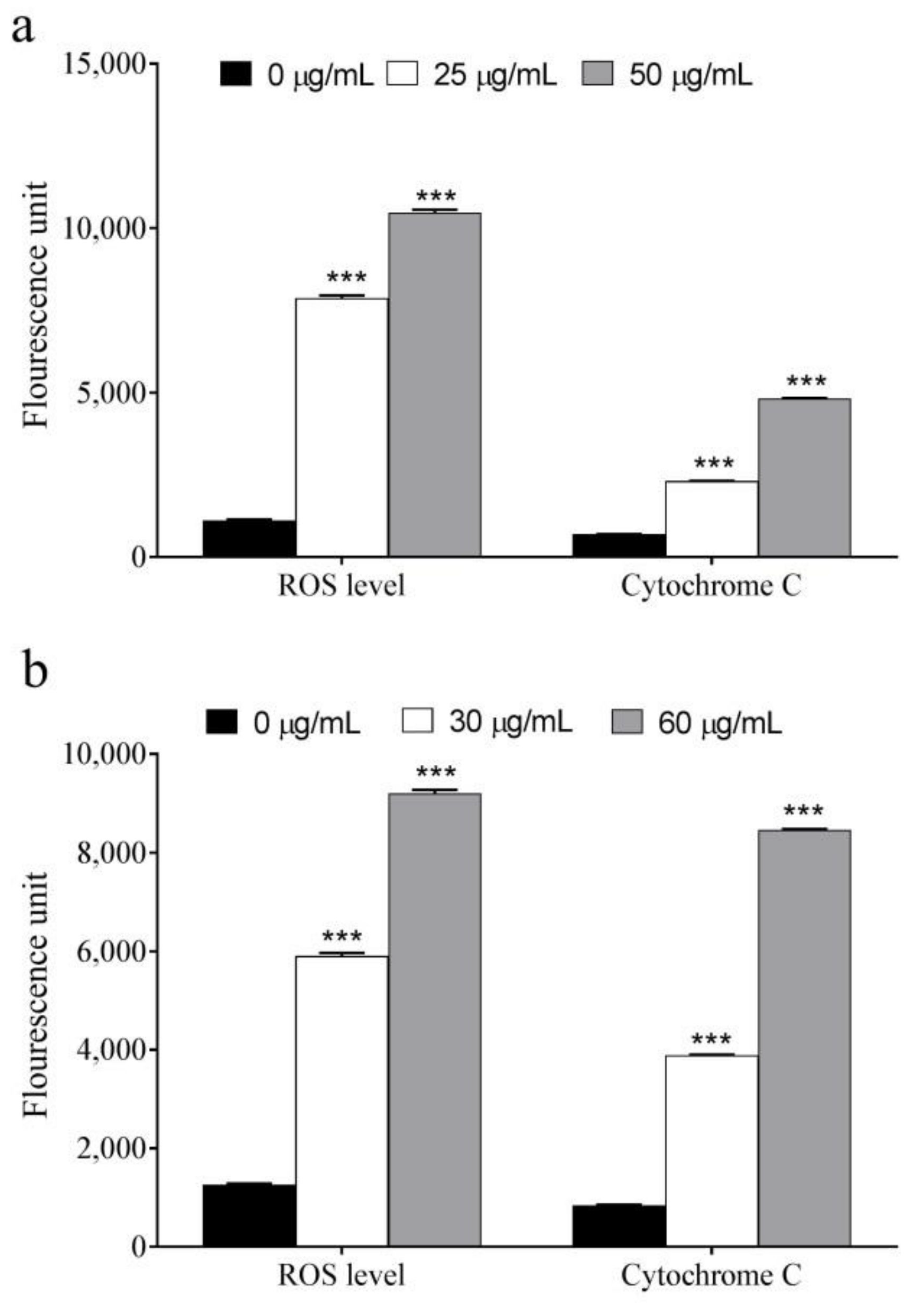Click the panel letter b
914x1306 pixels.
pyautogui.click(x=35, y=671)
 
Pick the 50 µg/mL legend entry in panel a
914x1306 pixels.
pyautogui.click(x=667, y=75)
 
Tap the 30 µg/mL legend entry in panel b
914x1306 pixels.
pyautogui.click(x=486, y=722)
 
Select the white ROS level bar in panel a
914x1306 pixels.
pyautogui.click(x=342, y=427)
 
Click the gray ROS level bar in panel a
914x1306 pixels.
pyautogui.click(x=435, y=384)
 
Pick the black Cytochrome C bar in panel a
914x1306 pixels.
pyautogui.click(x=619, y=544)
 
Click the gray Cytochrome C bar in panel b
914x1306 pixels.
pyautogui.click(x=804, y=1041)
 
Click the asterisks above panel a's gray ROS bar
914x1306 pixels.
pyautogui.click(x=436, y=198)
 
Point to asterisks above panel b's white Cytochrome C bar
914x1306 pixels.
pyautogui.click(x=711, y=1041)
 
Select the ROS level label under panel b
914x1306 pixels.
pyautogui.click(x=341, y=1275)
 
